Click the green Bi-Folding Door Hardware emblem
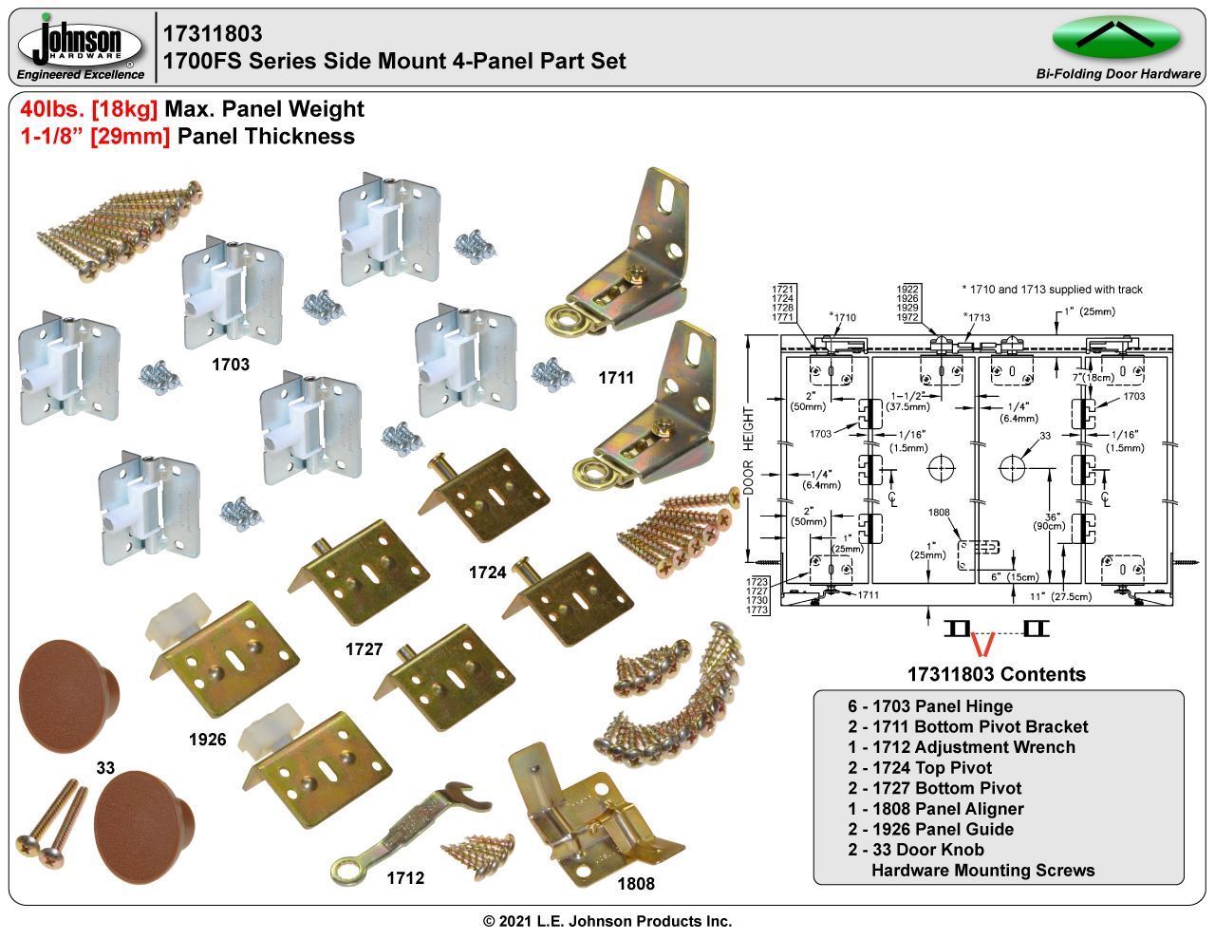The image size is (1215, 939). coord(1116,37)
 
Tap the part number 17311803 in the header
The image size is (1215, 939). coord(213,34)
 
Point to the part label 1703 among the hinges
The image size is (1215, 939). coord(230,364)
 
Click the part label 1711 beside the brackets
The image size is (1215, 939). coord(616,378)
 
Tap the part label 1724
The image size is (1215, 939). coord(488,573)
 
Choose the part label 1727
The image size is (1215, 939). coord(364,649)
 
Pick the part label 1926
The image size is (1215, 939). coord(207,739)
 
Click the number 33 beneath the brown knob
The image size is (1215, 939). coord(105,766)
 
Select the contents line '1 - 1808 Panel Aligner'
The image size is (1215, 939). coord(935,809)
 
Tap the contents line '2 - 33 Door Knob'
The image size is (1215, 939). coord(915,850)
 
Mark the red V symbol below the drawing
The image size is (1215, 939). coord(981,645)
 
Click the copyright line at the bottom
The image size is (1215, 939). coord(607,921)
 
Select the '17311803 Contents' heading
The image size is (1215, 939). coord(996,675)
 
